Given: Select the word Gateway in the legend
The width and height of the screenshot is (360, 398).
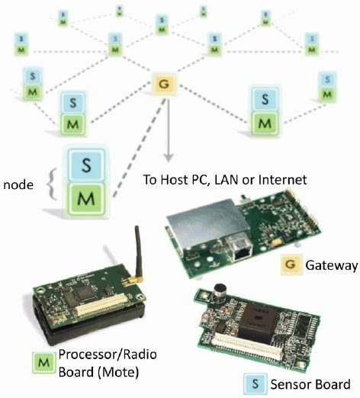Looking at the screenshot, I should click(331, 266).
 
